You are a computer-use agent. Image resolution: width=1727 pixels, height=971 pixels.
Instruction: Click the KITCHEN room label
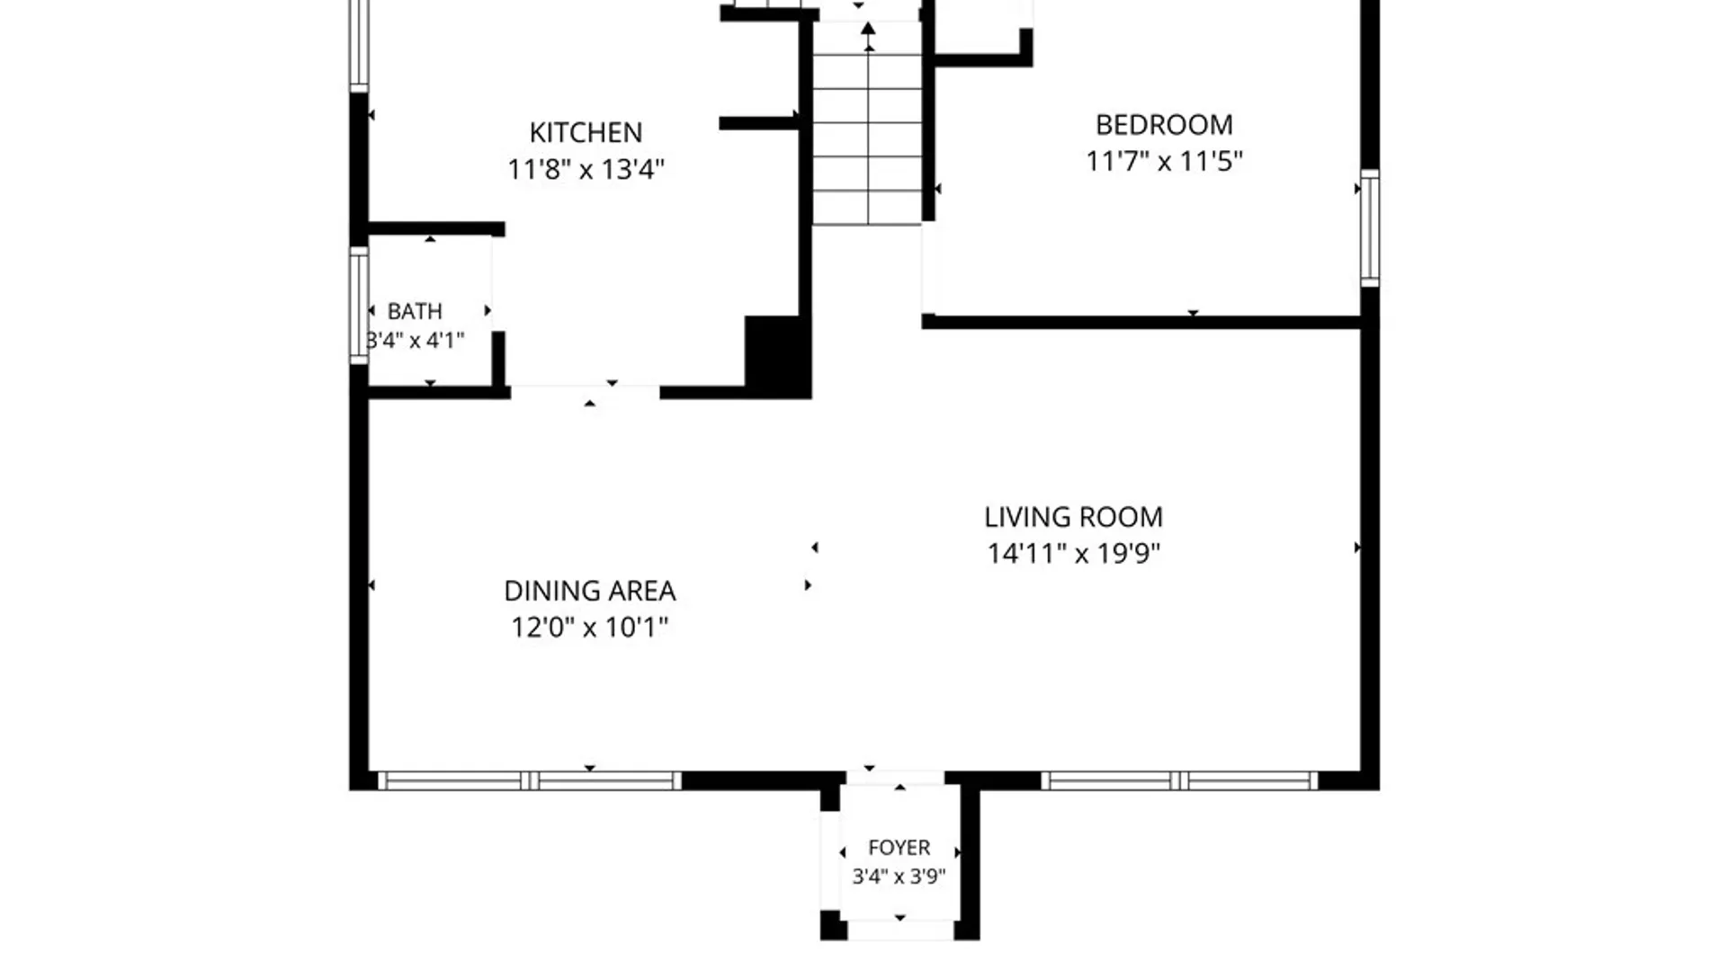coord(586,132)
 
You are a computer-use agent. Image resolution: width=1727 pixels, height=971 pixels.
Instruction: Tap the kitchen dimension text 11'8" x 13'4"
coord(586,169)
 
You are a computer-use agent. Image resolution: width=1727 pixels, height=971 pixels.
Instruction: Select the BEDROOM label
coord(1164,124)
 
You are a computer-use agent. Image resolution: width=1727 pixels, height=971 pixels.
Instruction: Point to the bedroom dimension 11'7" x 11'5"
coord(1164,161)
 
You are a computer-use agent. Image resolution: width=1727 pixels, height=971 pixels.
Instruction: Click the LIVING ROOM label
coord(1073,517)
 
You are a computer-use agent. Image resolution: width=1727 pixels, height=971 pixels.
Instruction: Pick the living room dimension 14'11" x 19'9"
coord(1073,553)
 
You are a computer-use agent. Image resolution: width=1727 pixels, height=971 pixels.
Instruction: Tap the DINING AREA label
coord(589,591)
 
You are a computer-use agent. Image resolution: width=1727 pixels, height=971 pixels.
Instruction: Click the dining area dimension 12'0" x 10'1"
coord(589,627)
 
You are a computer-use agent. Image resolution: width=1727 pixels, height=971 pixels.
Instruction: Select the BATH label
coord(415,311)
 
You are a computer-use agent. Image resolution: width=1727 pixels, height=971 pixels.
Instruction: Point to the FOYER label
coord(899,848)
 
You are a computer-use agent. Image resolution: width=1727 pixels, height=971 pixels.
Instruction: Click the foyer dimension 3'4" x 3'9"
coord(899,876)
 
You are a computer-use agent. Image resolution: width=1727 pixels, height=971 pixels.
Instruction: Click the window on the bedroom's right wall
coord(1369,228)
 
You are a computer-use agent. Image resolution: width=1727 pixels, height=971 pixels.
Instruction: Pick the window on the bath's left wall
coord(359,305)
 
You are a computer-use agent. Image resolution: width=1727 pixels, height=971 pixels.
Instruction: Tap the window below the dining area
coord(529,780)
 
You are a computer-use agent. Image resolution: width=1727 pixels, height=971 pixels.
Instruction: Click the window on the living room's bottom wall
coord(1179,780)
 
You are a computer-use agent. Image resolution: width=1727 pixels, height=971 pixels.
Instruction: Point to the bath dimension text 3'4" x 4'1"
coord(415,340)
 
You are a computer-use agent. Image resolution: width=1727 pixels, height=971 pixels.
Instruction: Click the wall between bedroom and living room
coord(1141,322)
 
